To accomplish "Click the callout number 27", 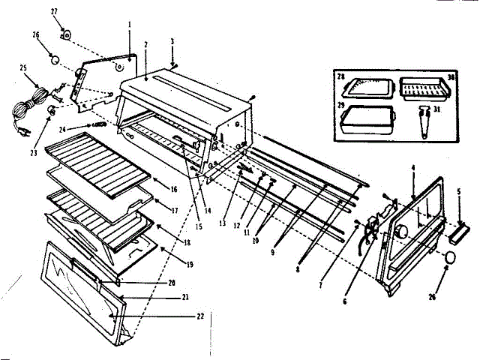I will [53, 11].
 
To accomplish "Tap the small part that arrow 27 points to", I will [65, 34].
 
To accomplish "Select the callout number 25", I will [22, 67].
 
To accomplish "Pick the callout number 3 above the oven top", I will [172, 41].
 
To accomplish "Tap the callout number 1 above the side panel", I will [129, 24].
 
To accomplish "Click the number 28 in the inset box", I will [339, 77].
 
